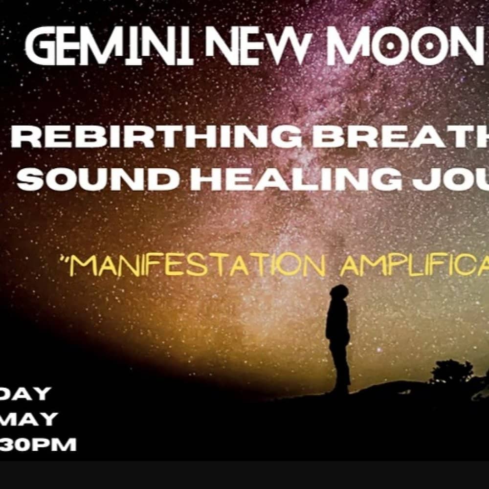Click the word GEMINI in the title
pos(109,48)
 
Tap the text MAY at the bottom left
pos(29,419)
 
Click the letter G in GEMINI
pos(42,48)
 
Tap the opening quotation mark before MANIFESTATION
pos(73,257)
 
